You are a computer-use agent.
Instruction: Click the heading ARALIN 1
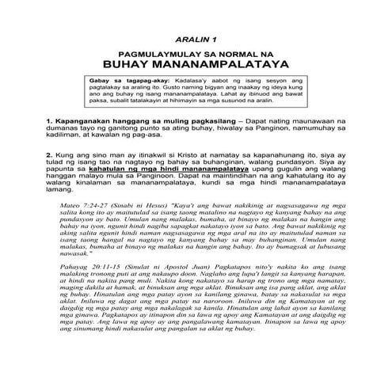click(x=196, y=38)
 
